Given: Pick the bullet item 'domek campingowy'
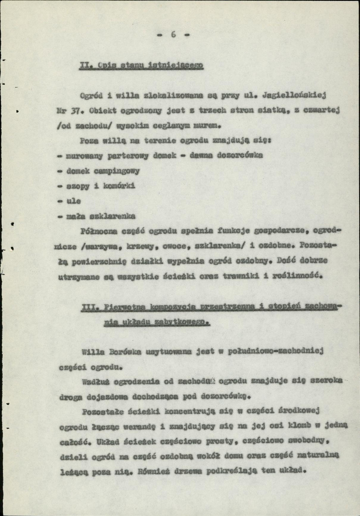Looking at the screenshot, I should (x=102, y=171).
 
